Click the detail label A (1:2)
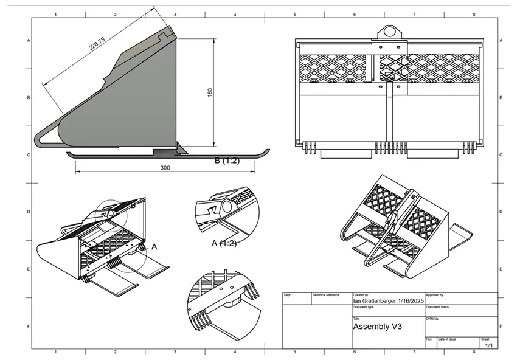224,243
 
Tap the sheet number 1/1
488,345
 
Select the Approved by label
435,295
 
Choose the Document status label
438,307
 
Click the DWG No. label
432,318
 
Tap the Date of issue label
447,339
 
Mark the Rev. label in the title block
429,339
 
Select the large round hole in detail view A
227,207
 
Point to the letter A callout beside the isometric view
154,247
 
